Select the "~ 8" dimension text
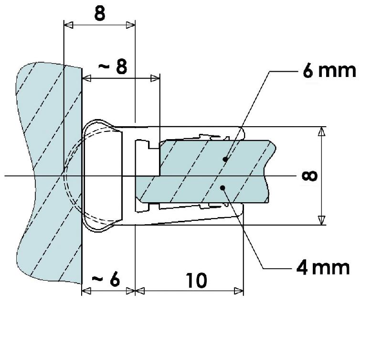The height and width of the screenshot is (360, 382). [113, 67]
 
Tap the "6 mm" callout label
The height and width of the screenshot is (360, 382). [329, 71]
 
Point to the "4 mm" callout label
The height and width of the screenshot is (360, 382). [323, 267]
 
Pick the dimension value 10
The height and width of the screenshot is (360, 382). [196, 281]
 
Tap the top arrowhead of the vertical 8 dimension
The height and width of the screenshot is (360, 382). [323, 131]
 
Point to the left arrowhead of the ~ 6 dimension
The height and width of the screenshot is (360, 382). [86, 290]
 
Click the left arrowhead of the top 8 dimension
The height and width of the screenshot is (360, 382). [68, 25]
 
